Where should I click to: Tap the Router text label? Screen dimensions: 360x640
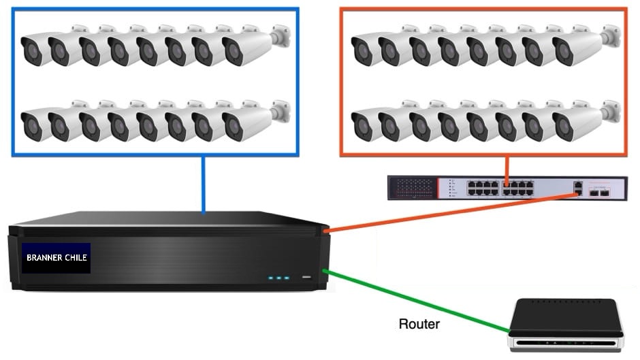419,324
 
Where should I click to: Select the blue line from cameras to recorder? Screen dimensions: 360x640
203,184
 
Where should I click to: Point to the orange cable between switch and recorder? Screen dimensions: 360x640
449,212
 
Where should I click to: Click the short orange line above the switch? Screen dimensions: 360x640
507,167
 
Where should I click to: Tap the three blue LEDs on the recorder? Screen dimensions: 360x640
278,278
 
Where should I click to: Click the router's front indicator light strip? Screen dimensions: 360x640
566,342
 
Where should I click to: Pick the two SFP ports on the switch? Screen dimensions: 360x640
600,193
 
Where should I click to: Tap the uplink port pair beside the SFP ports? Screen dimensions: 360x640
577,189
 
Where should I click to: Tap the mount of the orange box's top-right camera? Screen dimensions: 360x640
611,35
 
